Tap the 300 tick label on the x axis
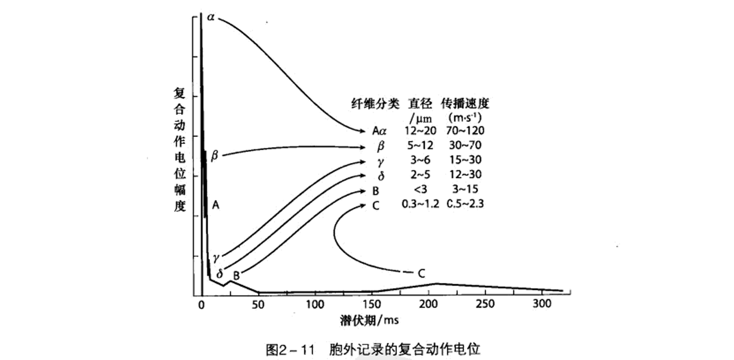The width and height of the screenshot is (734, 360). (542, 303)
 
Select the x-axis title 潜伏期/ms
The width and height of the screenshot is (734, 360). (369, 320)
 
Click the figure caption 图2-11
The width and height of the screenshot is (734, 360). (290, 350)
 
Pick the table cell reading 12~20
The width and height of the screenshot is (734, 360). (420, 131)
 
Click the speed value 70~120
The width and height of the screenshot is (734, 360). (465, 131)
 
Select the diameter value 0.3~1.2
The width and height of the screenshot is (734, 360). (420, 204)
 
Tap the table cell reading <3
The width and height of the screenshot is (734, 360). (420, 189)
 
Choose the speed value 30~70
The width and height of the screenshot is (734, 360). (465, 145)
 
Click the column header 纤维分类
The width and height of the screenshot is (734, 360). (375, 104)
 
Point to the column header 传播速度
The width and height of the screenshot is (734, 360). (465, 104)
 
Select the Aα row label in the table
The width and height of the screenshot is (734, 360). (379, 131)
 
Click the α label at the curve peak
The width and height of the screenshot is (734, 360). (211, 17)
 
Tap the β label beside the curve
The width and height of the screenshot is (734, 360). (214, 155)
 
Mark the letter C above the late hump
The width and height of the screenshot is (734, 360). (422, 274)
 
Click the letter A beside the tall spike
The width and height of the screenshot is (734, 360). (215, 205)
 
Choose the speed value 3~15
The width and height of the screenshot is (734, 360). (465, 189)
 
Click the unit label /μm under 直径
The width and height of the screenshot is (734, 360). (421, 119)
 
